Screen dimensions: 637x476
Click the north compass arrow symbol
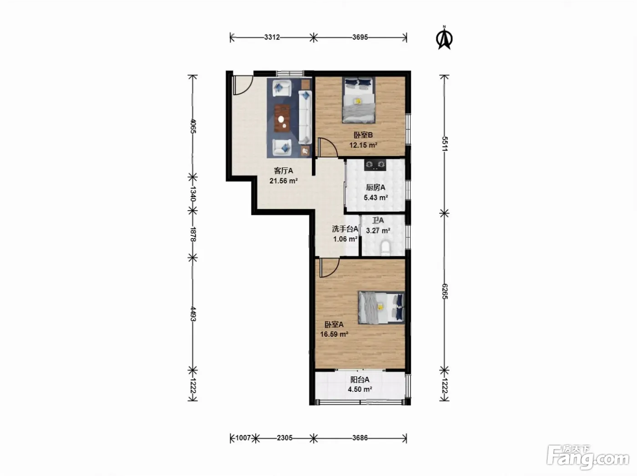click(x=444, y=38)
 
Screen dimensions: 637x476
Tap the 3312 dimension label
click(x=272, y=37)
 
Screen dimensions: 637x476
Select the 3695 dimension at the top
click(x=360, y=37)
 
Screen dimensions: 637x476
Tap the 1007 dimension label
click(x=243, y=438)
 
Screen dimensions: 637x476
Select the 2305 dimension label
click(x=284, y=438)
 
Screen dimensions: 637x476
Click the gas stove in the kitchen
click(x=375, y=165)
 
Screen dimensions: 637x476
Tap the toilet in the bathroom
click(x=385, y=248)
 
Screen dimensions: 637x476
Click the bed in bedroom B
click(x=359, y=100)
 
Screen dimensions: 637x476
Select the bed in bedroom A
click(x=381, y=308)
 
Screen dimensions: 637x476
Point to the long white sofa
click(x=305, y=117)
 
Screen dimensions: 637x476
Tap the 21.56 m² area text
click(x=283, y=181)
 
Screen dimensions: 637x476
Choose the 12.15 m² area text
click(x=363, y=145)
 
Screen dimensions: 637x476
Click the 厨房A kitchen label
click(x=375, y=187)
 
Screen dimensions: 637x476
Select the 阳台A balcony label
click(x=360, y=380)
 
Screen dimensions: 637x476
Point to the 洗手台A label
click(x=345, y=229)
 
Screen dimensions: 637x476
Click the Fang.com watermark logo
click(x=588, y=459)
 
